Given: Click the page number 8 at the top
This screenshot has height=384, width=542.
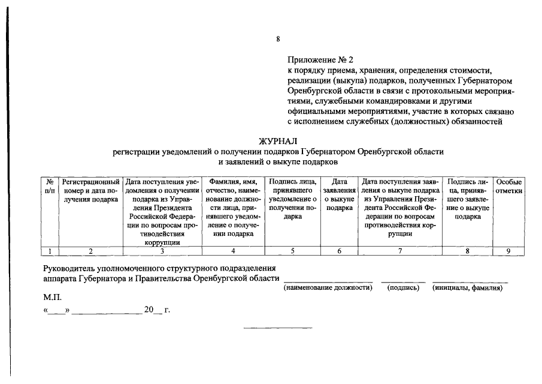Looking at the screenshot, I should point(278,40).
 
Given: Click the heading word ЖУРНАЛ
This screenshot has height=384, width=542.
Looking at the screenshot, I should point(278,141).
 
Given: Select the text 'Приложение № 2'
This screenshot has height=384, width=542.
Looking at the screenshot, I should point(320,60).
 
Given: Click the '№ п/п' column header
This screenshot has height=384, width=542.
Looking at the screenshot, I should point(50,186).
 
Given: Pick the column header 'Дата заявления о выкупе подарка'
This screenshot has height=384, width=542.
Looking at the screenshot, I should point(339,195).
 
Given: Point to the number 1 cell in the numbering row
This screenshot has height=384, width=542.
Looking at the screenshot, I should point(50,251).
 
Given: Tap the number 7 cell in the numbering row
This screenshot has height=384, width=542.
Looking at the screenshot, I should point(399,251).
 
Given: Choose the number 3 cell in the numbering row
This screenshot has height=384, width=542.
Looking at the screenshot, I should point(162,251).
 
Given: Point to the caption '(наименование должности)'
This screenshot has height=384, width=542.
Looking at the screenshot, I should point(328,288).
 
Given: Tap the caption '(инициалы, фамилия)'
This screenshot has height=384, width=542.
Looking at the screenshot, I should point(467,288).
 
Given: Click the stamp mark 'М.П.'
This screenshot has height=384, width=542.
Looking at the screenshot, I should point(52,297).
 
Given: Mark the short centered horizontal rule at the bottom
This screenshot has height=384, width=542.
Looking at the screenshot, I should point(278,328).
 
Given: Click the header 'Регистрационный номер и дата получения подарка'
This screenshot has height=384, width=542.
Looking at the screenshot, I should point(90,191).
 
